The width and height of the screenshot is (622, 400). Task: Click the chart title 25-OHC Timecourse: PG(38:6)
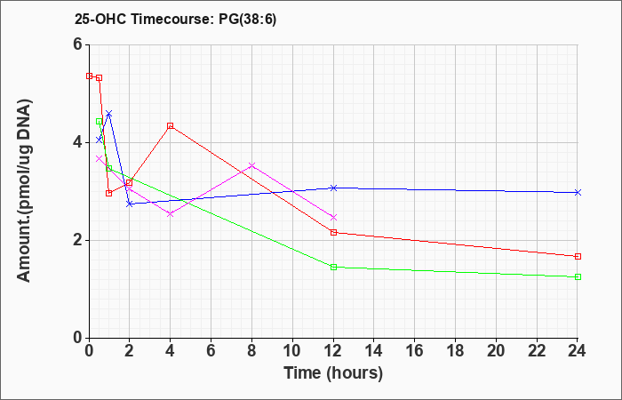(x=175, y=20)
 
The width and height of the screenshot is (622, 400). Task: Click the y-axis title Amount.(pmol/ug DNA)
(x=24, y=191)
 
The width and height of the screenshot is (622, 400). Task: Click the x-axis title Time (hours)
(x=333, y=373)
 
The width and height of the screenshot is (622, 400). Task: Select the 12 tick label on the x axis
(x=333, y=351)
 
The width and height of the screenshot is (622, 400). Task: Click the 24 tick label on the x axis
(x=578, y=351)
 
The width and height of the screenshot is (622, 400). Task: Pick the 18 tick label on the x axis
(x=455, y=351)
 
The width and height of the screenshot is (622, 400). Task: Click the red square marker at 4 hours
(x=171, y=126)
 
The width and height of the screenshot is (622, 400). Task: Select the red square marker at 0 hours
(x=89, y=76)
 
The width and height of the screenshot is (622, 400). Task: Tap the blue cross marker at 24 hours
(x=578, y=193)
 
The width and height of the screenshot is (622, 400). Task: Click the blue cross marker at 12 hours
(x=333, y=188)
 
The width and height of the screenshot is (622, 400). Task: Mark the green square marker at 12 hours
(x=333, y=267)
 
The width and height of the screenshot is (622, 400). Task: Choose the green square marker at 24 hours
(x=578, y=277)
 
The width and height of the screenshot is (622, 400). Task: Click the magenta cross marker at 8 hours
(x=251, y=165)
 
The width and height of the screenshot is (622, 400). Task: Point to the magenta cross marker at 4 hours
(x=171, y=214)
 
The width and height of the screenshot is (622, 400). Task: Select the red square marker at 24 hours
(x=578, y=256)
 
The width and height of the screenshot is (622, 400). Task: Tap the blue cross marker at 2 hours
(x=130, y=204)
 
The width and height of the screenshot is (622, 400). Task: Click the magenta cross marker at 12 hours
(x=333, y=218)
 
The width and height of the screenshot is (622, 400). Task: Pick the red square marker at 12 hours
(x=333, y=233)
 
